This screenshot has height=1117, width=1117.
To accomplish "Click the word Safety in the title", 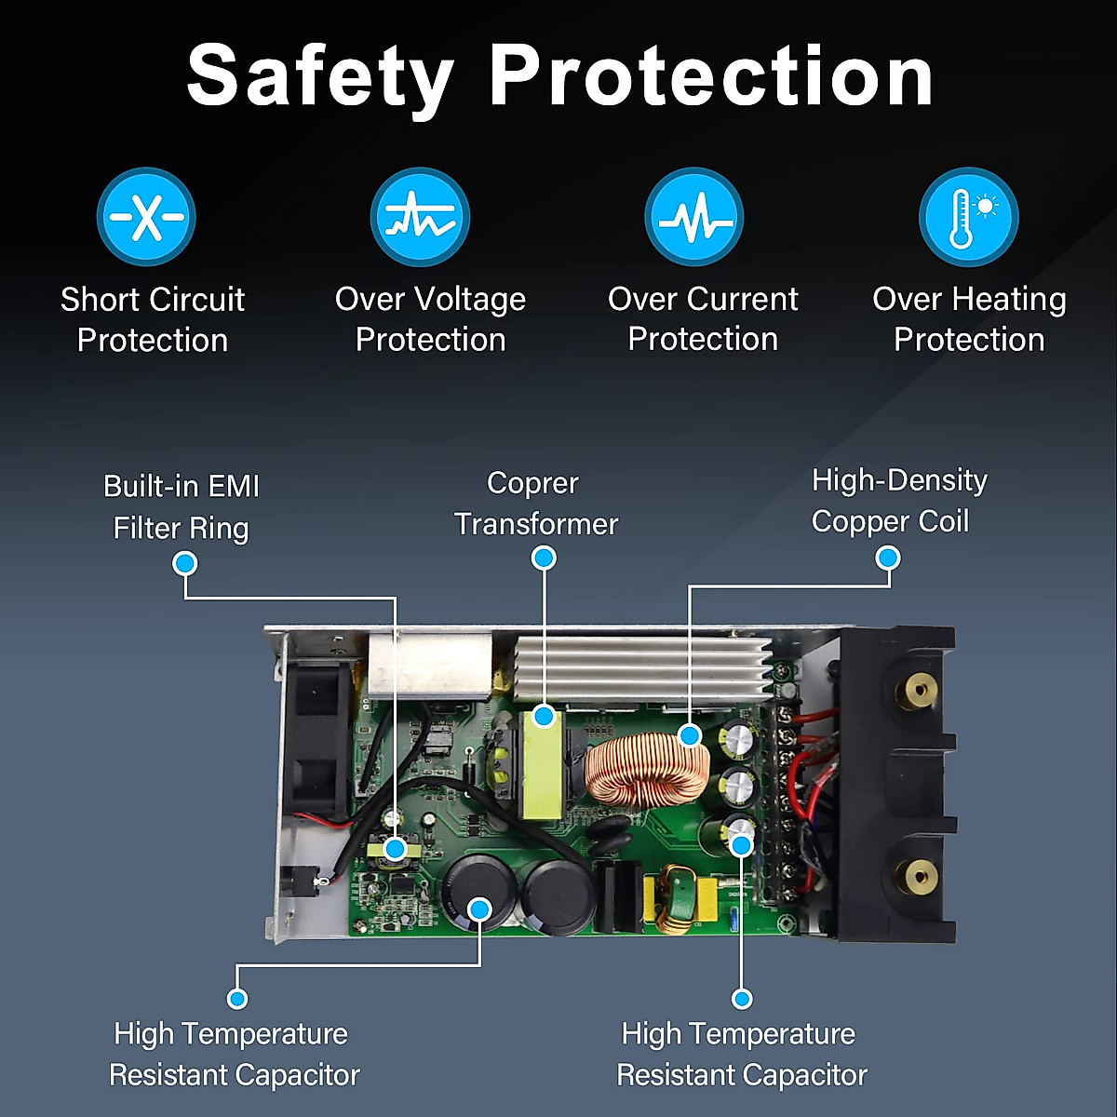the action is coord(320,76).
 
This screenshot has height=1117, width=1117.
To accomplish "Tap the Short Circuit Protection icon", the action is coord(146,217).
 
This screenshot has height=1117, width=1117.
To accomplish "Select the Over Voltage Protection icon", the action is coord(420,217).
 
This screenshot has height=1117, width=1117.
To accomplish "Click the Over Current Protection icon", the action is coord(693,217).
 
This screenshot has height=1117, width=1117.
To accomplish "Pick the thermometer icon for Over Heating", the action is coord(968,217).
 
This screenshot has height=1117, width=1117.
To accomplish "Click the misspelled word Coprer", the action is coord(532,483).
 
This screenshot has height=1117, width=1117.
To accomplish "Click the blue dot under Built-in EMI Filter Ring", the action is coord(185,563).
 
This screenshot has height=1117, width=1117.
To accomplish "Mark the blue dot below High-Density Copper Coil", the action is coord(888,558).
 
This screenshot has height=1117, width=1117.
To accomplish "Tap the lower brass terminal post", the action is coord(920,875).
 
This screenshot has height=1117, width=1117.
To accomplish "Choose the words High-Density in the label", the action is coord(899,480).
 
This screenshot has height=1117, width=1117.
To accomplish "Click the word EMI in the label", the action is coord(234,486).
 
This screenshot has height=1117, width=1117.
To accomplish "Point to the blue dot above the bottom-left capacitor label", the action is coord(237,999).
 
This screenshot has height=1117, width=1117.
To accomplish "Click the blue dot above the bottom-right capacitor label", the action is coord(742,999).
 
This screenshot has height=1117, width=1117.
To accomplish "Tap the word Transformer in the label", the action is coord(536,524).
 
